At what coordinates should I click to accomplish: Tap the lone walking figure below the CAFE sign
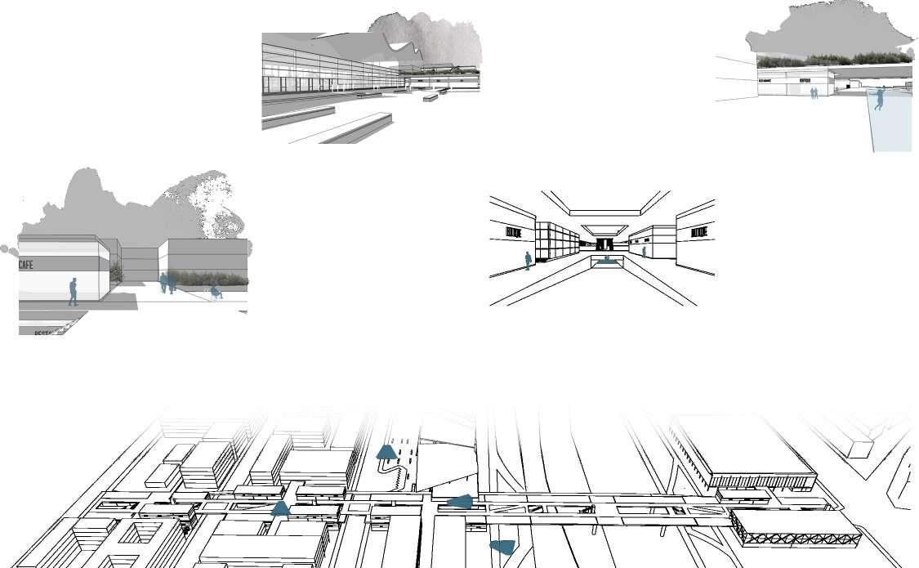point(73,292)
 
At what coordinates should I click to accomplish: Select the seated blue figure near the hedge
point(215,292)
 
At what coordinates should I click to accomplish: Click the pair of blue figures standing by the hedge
point(167,283)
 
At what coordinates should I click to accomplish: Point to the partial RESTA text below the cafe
point(47,332)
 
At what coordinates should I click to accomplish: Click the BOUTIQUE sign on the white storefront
point(805,81)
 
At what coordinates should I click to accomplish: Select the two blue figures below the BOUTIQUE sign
point(814,93)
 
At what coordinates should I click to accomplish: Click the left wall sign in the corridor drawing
point(513,233)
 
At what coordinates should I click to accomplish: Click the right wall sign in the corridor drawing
point(698,233)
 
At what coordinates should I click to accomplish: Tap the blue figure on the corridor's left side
point(528,261)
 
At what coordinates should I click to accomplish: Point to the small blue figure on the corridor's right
point(644,252)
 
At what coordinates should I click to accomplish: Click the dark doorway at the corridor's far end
point(604,244)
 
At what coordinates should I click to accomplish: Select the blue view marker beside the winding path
point(386,452)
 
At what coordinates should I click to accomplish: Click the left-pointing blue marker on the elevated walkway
point(461,502)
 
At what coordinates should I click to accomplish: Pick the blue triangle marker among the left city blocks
point(280,508)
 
